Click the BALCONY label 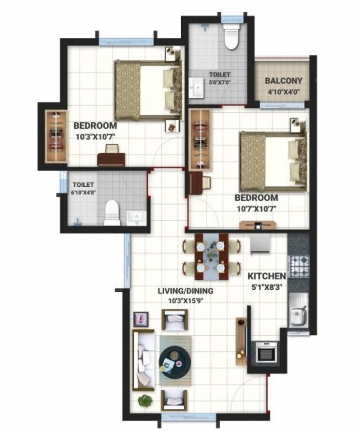[x=284, y=81]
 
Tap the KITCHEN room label [x=267, y=276]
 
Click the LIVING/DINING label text [x=186, y=291]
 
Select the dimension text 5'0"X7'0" [x=219, y=83]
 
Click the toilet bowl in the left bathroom [x=112, y=212]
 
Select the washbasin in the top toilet [x=197, y=89]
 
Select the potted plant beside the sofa [x=145, y=401]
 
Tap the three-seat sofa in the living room [x=143, y=359]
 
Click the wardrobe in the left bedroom [x=56, y=137]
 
